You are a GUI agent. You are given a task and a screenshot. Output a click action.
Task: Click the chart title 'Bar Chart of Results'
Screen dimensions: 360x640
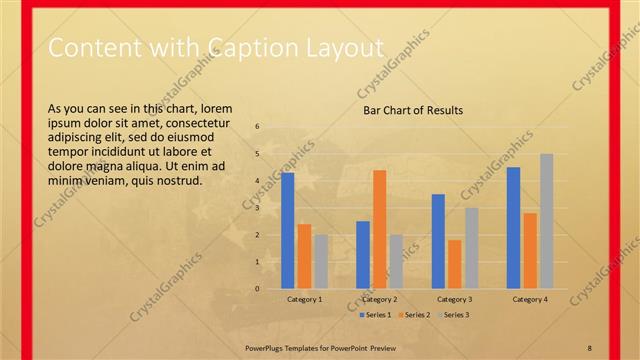tap(412, 110)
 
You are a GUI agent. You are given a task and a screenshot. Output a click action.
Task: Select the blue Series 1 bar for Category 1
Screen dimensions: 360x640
tap(288, 231)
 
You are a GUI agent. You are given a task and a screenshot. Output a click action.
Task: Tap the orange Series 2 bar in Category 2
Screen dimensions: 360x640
tap(379, 229)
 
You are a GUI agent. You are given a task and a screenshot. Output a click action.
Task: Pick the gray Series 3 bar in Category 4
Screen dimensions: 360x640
tap(546, 221)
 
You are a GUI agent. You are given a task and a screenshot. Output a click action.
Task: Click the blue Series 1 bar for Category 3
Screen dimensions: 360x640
tap(438, 241)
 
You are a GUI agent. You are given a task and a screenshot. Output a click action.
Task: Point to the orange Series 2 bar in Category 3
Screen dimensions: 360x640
tap(454, 264)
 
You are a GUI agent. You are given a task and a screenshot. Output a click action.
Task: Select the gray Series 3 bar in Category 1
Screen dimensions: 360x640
tap(321, 261)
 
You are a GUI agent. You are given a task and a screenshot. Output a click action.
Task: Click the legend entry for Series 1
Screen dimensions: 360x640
tap(375, 315)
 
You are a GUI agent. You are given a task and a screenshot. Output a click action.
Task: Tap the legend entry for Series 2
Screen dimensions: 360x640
tap(414, 315)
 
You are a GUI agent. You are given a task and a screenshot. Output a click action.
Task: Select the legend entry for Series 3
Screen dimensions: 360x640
tap(453, 315)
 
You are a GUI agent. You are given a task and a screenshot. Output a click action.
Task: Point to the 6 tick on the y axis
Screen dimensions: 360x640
tap(257, 127)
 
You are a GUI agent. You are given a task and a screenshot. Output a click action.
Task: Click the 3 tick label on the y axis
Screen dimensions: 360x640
tap(257, 208)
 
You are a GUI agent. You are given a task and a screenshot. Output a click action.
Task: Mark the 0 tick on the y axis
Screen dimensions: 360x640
tap(257, 289)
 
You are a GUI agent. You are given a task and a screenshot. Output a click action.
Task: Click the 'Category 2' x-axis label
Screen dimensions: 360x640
tap(379, 299)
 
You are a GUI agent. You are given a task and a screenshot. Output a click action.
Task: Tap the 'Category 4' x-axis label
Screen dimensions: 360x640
tap(530, 299)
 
